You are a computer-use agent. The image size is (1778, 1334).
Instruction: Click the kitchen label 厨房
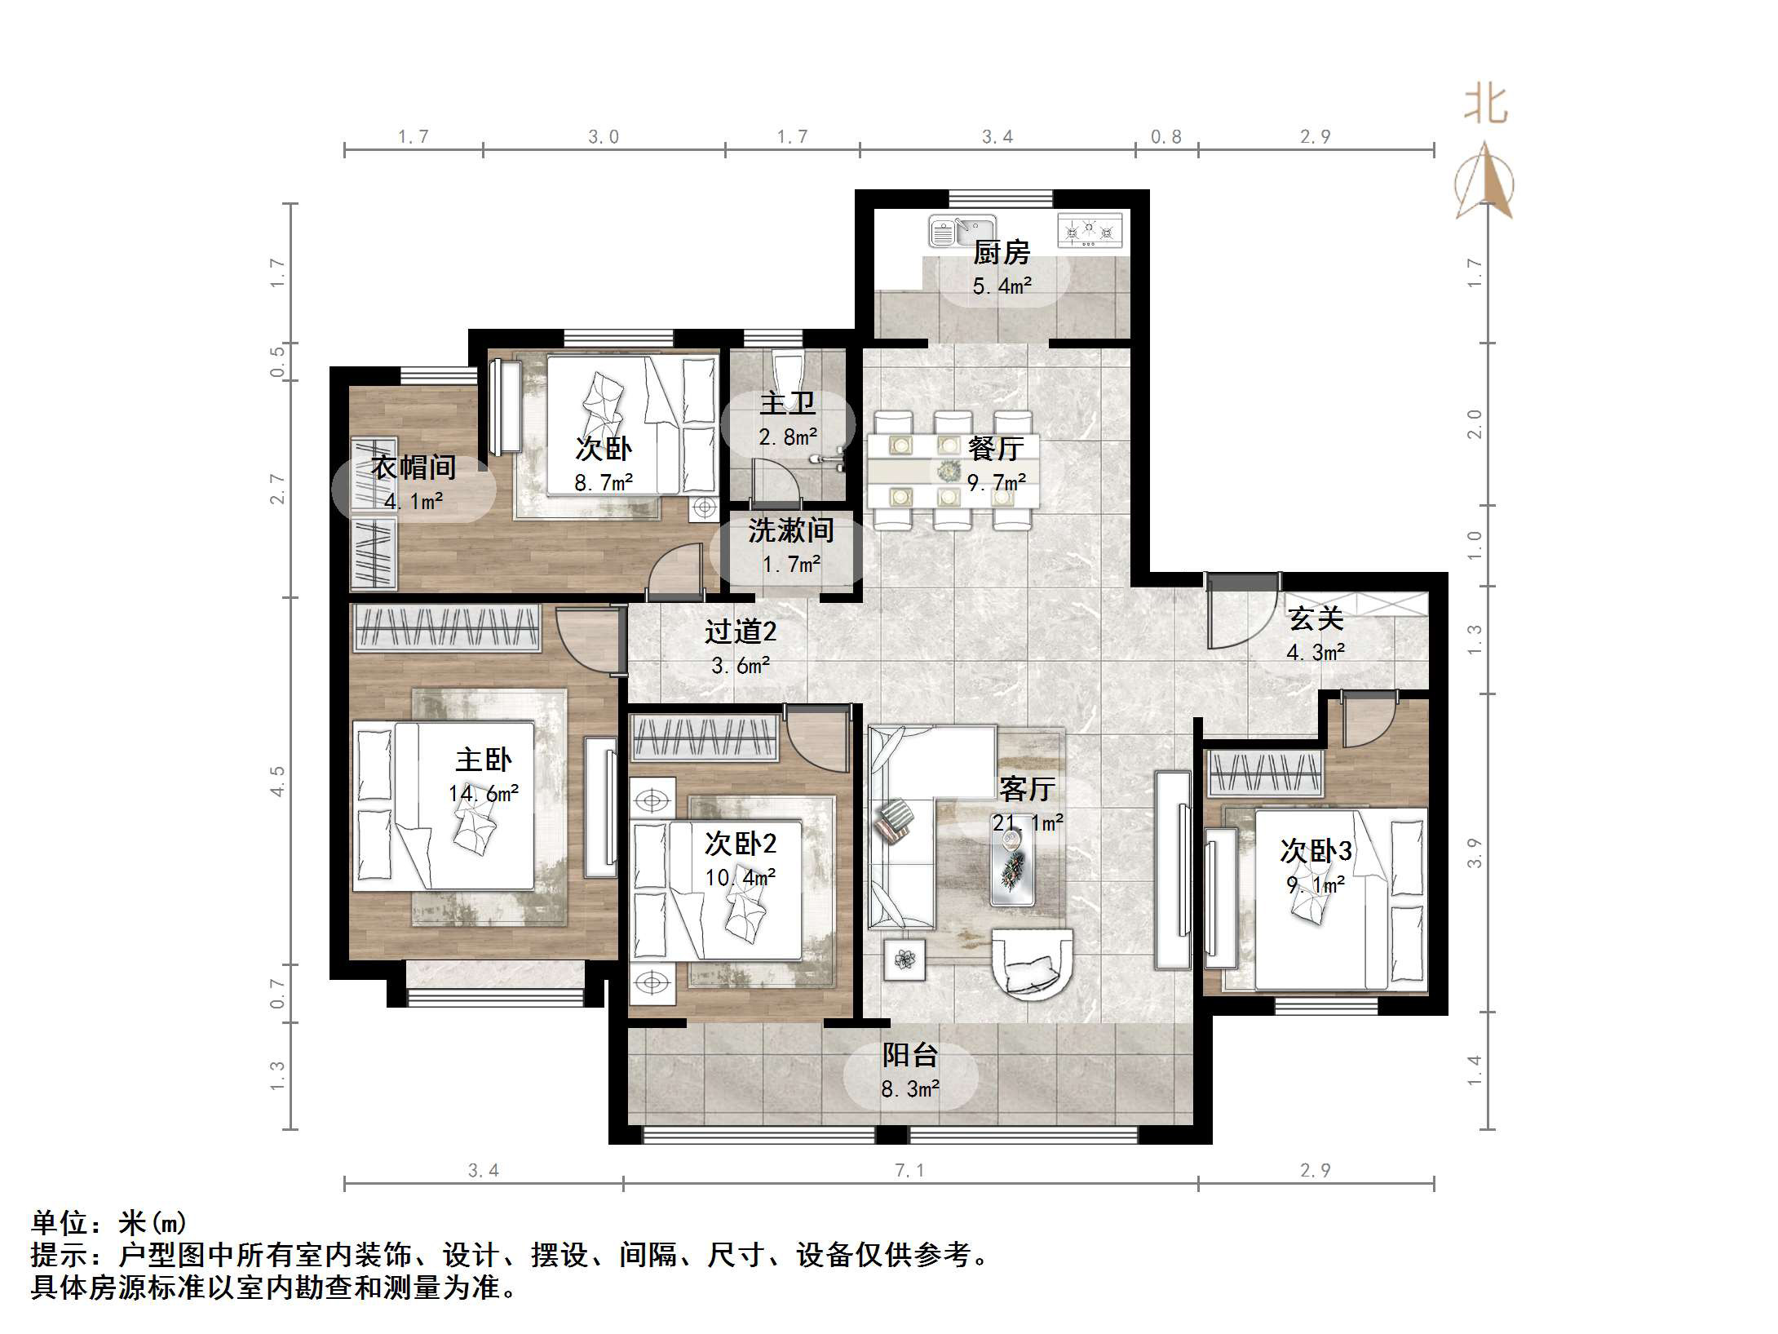point(1001,253)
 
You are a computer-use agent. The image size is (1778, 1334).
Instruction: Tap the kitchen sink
point(962,230)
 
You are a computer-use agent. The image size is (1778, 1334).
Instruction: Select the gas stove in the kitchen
point(1090,229)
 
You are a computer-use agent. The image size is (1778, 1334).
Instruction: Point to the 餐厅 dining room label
point(996,448)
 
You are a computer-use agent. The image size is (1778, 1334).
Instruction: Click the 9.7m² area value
point(996,483)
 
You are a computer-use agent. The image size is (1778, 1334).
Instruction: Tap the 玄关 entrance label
point(1316,618)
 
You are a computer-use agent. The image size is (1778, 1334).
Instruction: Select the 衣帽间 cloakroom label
point(414,468)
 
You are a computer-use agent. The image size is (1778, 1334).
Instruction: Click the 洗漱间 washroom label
point(790,531)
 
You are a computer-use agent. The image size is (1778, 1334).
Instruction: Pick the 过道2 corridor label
point(740,632)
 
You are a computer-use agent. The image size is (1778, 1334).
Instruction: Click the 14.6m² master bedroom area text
point(483,793)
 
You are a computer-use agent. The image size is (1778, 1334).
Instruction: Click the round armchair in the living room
point(1032,964)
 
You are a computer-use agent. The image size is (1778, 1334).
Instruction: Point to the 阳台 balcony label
point(909,1055)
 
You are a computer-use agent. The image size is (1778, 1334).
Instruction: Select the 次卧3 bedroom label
point(1315,851)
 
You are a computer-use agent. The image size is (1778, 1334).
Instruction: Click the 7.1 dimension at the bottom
point(909,1171)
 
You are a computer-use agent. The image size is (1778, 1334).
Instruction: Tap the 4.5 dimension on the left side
point(278,781)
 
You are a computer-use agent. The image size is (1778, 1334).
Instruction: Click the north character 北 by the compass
point(1485,106)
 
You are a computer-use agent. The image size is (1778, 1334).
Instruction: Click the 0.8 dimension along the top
point(1165,137)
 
